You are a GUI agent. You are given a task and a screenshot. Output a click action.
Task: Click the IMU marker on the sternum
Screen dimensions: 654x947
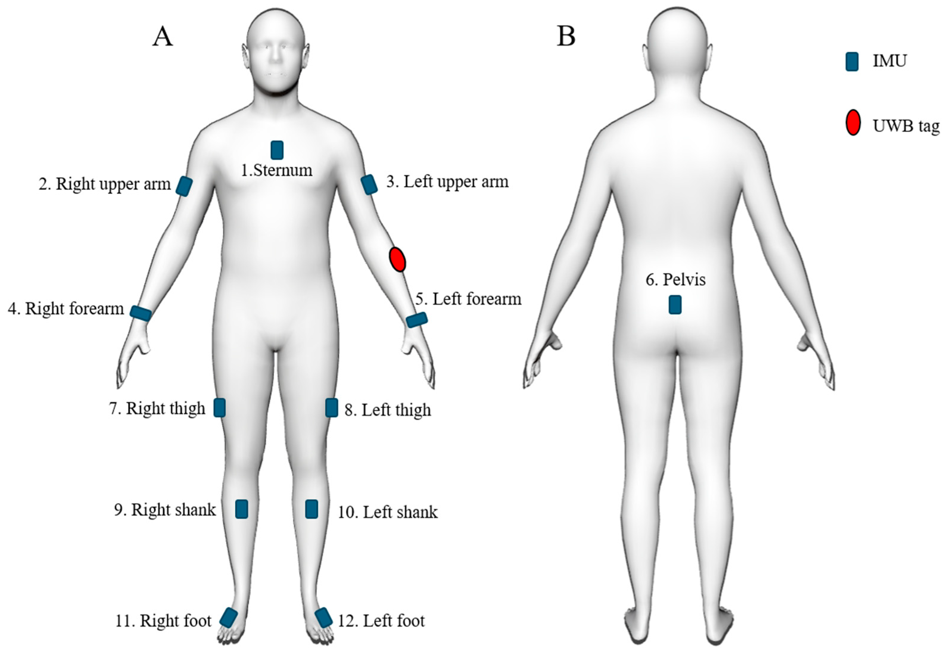277,150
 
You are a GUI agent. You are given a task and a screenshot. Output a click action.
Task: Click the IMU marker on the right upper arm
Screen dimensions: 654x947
184,186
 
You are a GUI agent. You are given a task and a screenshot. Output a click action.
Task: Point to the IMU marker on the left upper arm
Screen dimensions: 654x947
369,184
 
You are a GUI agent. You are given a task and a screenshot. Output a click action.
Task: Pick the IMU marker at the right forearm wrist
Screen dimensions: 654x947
141,313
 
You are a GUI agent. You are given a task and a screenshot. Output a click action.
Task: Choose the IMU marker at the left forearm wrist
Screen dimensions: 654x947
417,320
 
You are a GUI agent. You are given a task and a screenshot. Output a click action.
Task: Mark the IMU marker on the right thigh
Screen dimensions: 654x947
219,408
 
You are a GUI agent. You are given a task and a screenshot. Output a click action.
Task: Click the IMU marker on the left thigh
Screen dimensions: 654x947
331,408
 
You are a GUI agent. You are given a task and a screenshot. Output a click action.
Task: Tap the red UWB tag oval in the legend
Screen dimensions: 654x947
853,122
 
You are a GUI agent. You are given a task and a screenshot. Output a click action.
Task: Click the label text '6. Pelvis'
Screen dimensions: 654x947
675,280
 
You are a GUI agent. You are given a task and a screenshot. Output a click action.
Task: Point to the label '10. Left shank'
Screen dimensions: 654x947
387,512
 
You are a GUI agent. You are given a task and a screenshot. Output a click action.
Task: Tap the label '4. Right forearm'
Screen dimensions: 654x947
66,309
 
